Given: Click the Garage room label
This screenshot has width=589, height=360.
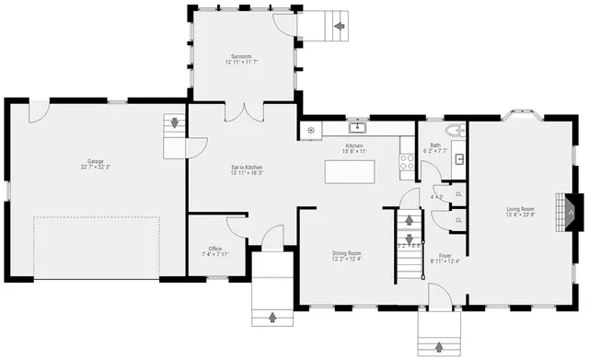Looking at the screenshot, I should (x=96, y=164).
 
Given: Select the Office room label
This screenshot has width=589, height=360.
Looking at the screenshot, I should (x=214, y=250).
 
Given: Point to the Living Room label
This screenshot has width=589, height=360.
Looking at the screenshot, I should (x=520, y=212).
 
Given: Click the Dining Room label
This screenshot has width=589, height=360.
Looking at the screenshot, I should (x=347, y=256).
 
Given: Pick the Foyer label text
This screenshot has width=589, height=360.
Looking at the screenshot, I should (x=445, y=258).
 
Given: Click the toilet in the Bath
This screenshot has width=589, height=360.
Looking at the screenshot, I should (x=451, y=133).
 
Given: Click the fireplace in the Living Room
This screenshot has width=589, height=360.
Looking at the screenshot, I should (x=572, y=212).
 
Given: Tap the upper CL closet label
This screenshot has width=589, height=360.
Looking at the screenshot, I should (x=458, y=195).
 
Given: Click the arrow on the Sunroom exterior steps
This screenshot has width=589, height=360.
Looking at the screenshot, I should (x=340, y=26).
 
